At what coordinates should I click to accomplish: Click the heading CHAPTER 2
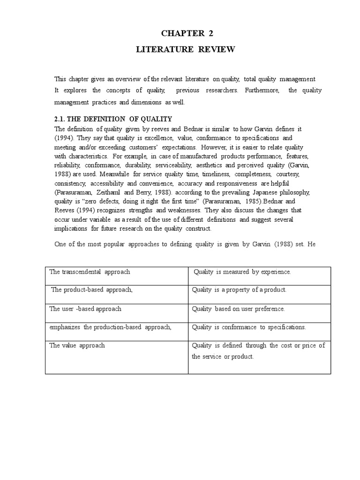[183, 33]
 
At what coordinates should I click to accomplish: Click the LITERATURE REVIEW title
[183, 50]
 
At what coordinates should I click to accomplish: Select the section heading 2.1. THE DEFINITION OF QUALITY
[113, 119]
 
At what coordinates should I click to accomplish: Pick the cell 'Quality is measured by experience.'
[242, 272]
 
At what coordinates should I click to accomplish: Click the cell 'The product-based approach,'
[92, 290]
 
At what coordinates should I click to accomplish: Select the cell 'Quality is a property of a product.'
[239, 290]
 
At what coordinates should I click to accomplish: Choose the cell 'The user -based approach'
[86, 309]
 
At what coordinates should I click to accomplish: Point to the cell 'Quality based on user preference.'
[239, 309]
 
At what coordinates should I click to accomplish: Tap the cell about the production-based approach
[110, 327]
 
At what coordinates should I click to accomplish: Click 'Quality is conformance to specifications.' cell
[249, 327]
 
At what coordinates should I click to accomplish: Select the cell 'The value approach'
[77, 345]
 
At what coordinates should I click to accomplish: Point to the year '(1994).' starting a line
[65, 138]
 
